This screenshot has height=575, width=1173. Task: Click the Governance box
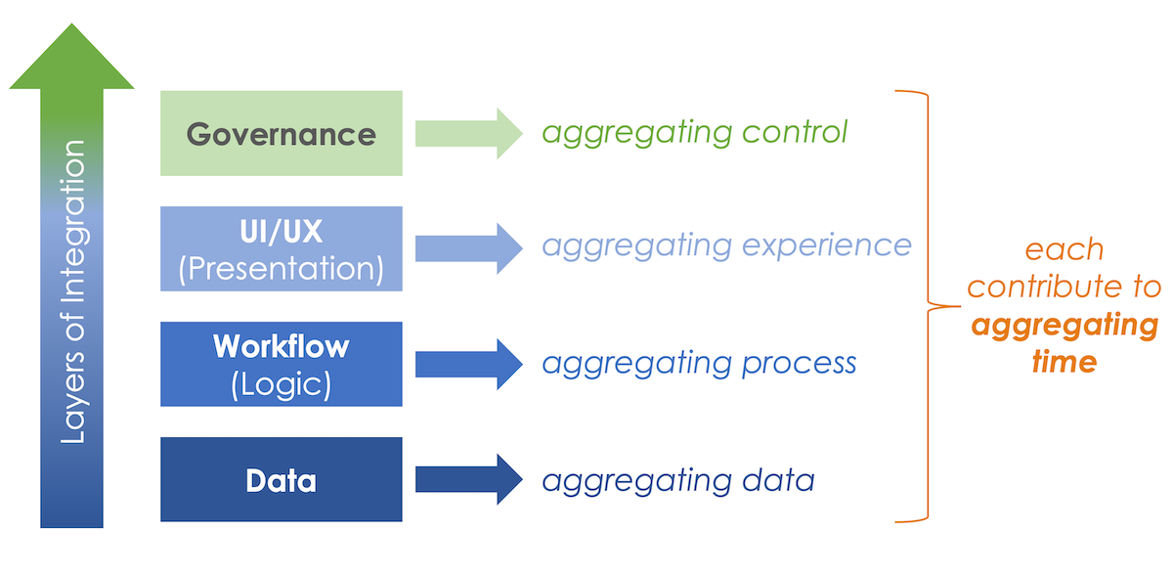281,134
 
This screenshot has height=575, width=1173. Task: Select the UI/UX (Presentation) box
281,248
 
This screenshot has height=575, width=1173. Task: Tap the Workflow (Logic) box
281,364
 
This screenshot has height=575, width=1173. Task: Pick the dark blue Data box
281,479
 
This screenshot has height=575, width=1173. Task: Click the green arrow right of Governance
469,133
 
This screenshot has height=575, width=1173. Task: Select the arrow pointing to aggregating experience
469,248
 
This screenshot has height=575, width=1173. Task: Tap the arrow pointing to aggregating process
469,364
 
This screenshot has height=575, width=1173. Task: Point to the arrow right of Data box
469,479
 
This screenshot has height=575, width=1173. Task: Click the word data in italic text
780,480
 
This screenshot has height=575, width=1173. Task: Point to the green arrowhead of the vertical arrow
71,59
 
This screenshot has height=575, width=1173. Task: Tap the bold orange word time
1064,362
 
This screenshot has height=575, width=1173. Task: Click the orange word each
1064,249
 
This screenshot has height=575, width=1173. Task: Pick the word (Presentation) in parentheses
281,269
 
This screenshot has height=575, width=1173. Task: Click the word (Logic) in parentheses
281,384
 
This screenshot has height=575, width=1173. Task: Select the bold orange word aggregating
1064,325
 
